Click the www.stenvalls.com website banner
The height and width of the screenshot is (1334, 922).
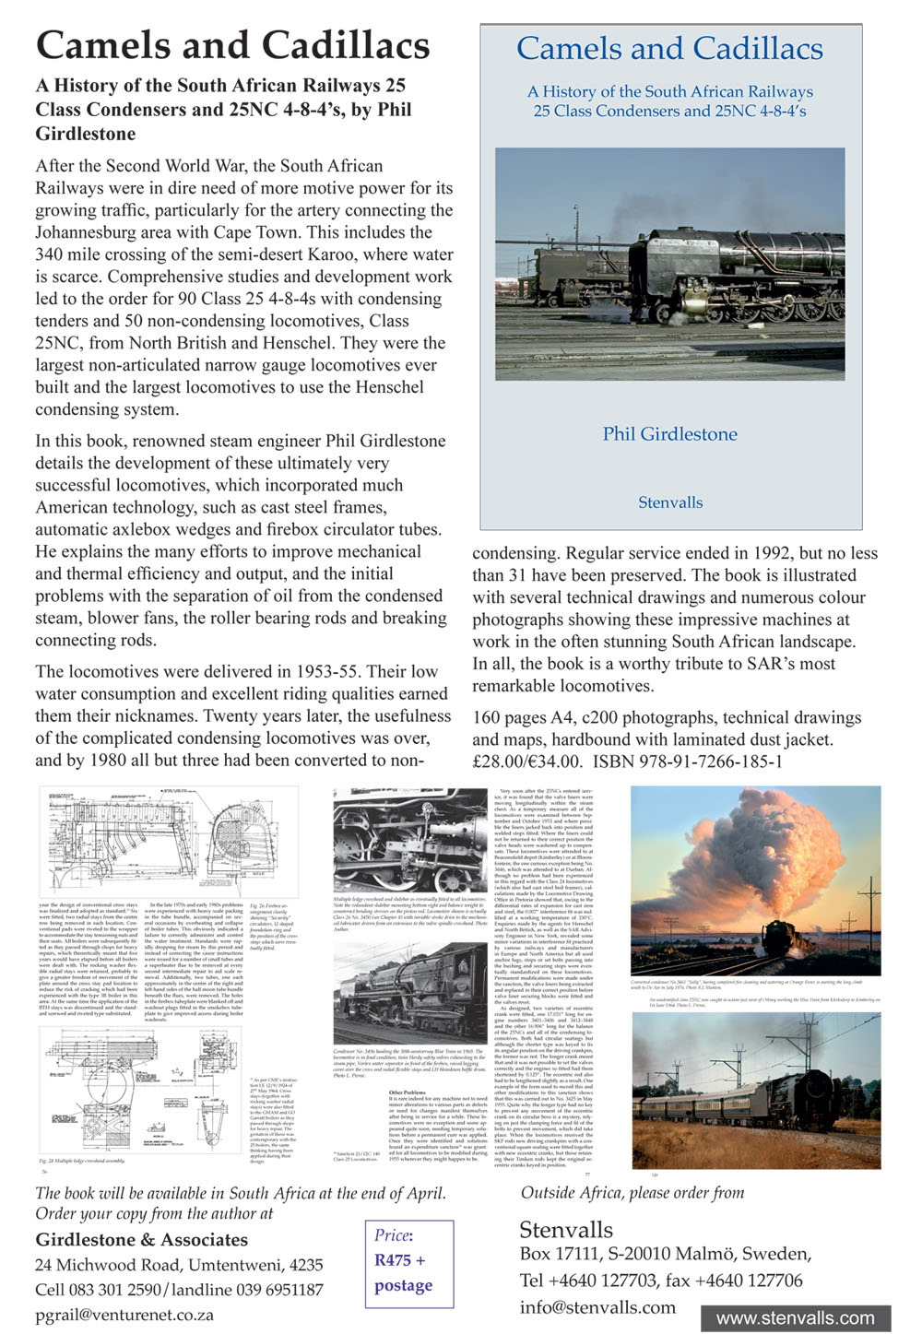[795, 1317]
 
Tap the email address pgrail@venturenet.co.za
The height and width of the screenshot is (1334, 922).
[124, 1315]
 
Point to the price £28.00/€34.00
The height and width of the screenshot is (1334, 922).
[527, 761]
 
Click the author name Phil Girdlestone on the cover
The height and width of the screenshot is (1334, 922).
[670, 434]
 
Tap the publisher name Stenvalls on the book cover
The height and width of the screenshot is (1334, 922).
[670, 502]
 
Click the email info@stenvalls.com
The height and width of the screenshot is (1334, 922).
[597, 1306]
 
